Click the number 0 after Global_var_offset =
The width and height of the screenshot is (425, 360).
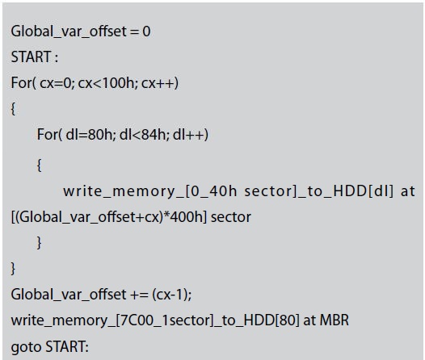click(x=146, y=31)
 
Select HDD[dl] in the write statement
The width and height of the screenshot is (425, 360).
click(x=364, y=191)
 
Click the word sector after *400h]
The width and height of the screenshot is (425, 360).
click(x=231, y=218)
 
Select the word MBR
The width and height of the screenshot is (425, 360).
click(x=335, y=320)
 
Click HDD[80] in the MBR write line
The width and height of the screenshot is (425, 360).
click(x=271, y=320)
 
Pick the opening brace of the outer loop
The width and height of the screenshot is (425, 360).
click(x=13, y=109)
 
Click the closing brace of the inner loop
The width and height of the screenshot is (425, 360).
click(x=39, y=242)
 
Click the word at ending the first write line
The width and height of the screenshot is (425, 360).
click(x=408, y=191)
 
